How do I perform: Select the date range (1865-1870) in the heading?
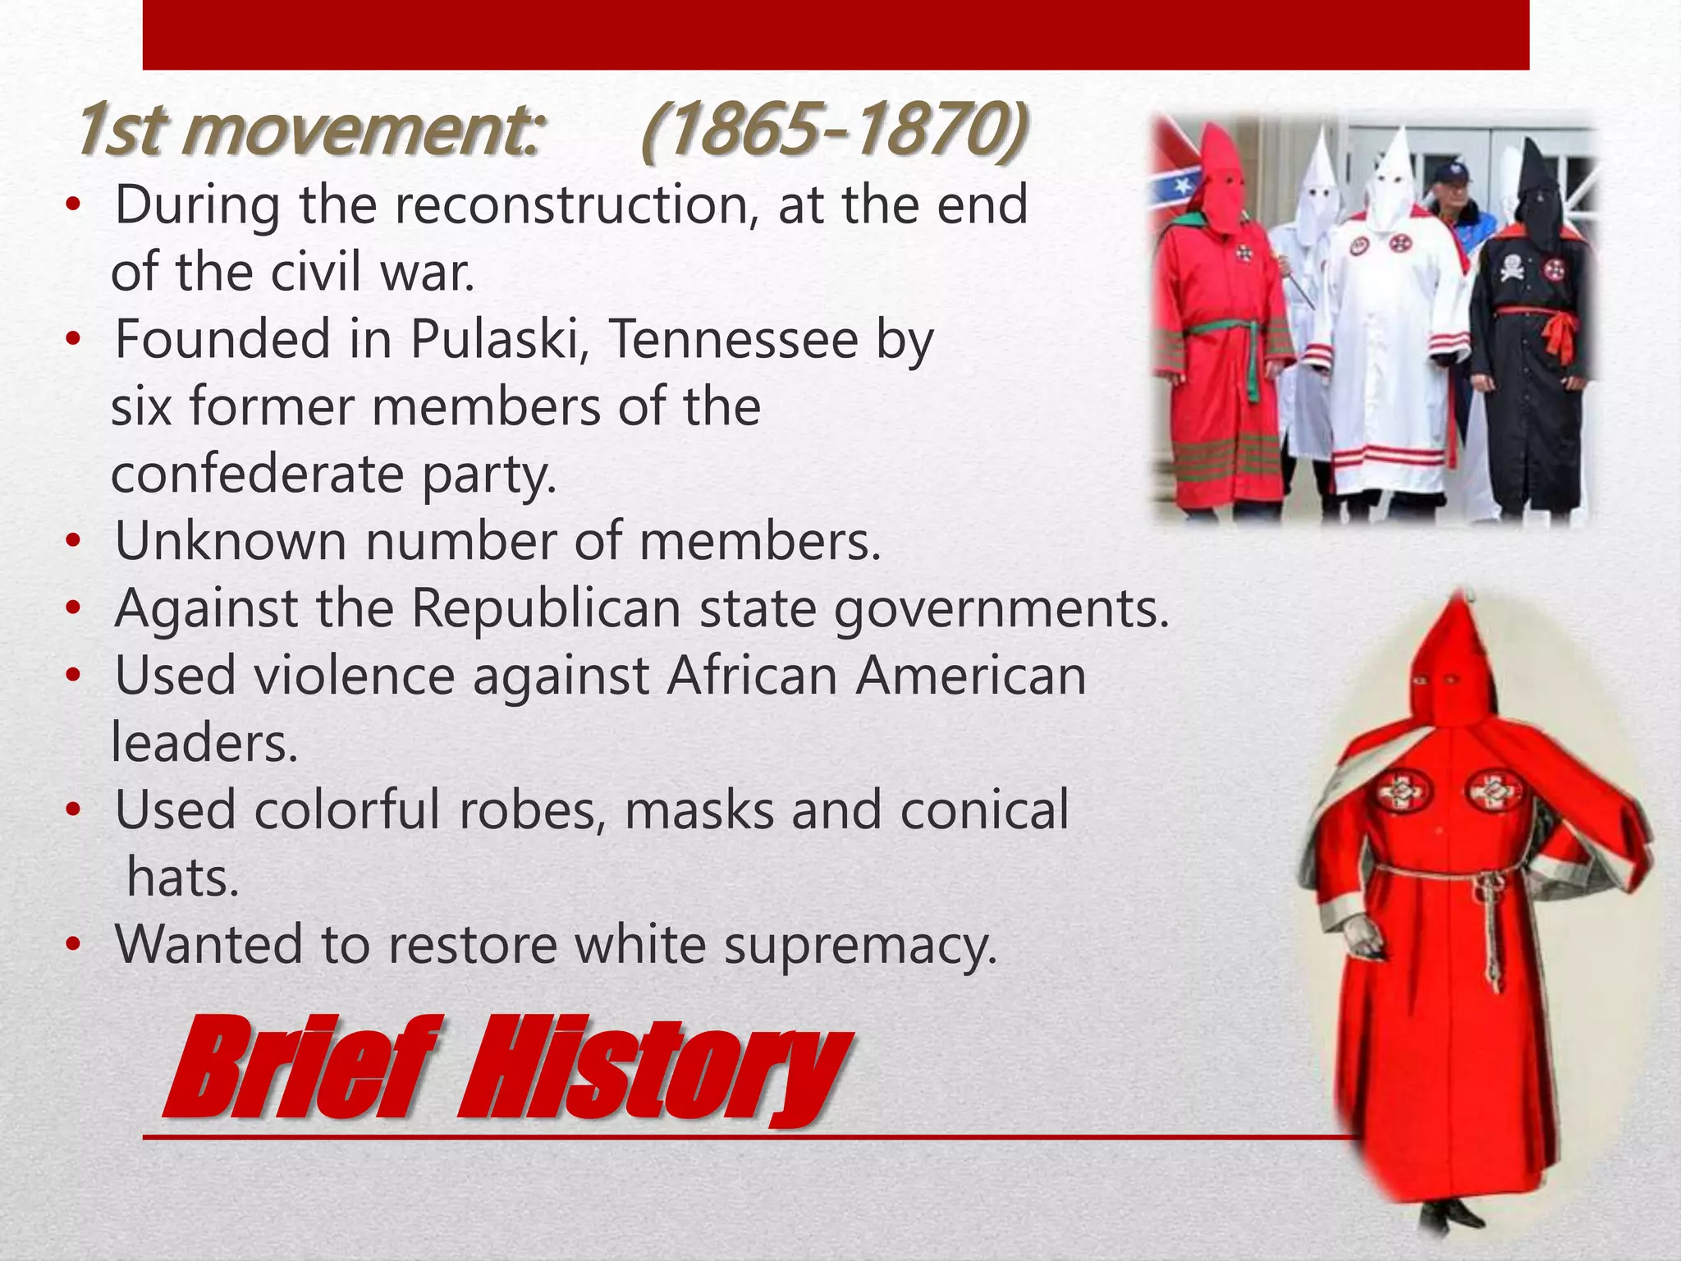pyautogui.click(x=832, y=131)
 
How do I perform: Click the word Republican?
pyautogui.click(x=546, y=609)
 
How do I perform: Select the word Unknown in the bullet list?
pyautogui.click(x=231, y=542)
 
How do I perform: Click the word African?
pyautogui.click(x=752, y=676)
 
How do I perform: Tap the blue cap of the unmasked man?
pyautogui.click(x=1450, y=175)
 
